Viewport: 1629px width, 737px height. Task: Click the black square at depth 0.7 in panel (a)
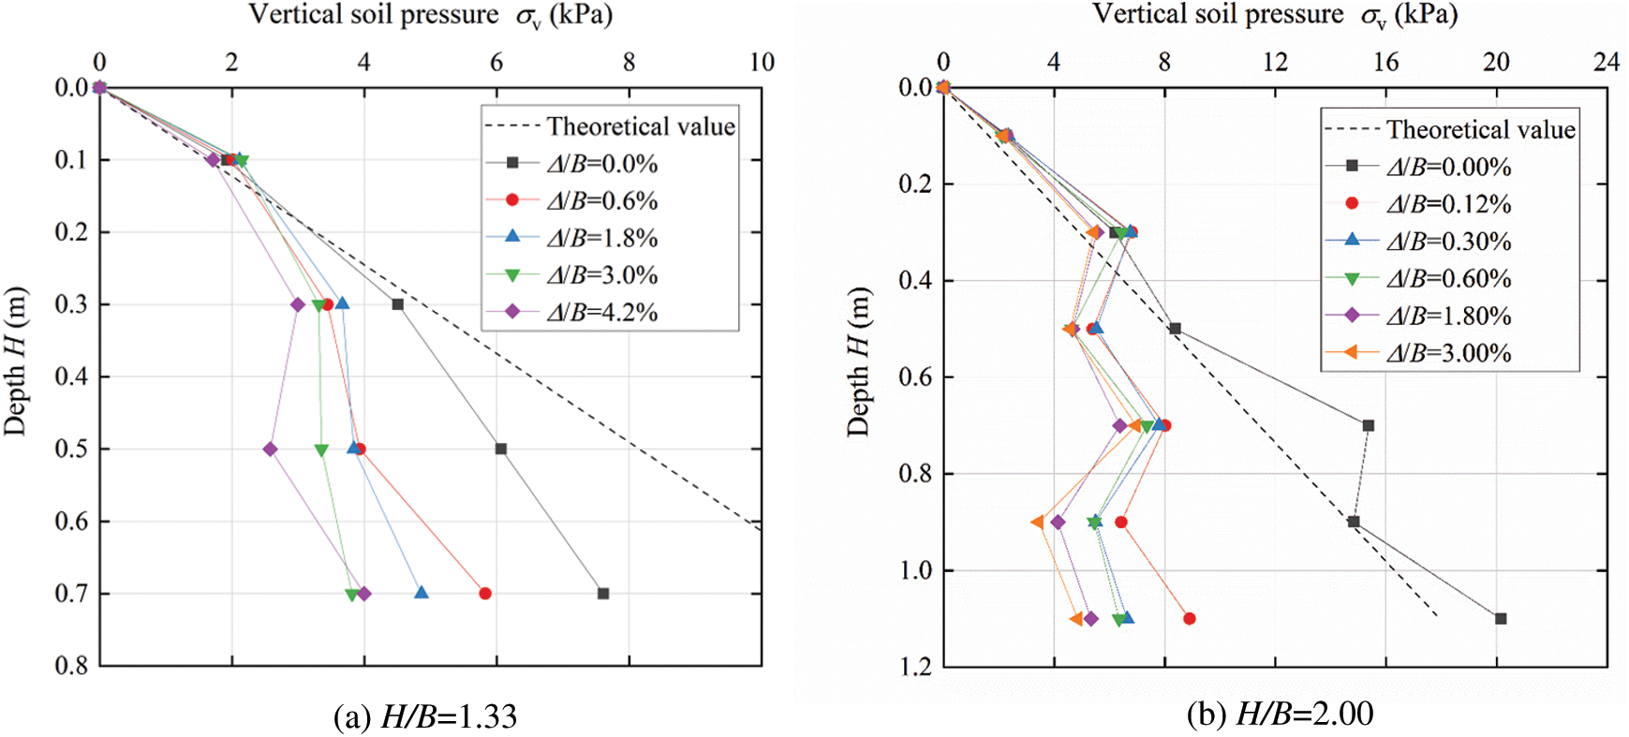click(x=603, y=594)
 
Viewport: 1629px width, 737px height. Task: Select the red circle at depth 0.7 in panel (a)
click(x=485, y=594)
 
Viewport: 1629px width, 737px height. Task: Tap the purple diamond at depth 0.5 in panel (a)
click(x=271, y=450)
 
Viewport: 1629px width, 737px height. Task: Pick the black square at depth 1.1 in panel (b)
click(x=1501, y=619)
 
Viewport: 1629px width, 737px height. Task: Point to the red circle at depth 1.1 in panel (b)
click(x=1190, y=619)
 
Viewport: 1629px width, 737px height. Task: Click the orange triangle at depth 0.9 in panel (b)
click(x=1037, y=523)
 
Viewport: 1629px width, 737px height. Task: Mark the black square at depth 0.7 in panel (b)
click(x=1369, y=426)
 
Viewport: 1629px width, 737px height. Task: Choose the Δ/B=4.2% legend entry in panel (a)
click(x=601, y=312)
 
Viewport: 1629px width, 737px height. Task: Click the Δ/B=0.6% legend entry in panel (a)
click(x=601, y=200)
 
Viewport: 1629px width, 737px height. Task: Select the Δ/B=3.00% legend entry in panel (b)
click(x=1448, y=353)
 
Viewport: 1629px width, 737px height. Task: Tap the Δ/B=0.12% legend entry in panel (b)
click(x=1448, y=204)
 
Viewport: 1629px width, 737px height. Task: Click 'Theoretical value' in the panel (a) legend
click(x=641, y=126)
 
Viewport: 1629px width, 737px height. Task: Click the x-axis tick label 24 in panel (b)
click(x=1607, y=62)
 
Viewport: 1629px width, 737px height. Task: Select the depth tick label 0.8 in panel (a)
click(x=71, y=666)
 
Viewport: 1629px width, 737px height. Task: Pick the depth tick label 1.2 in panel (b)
click(x=915, y=667)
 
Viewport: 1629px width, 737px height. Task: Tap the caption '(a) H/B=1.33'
click(x=425, y=716)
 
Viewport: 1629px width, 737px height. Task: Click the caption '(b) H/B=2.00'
click(x=1280, y=715)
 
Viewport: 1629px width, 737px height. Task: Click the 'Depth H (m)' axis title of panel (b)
click(x=859, y=361)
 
